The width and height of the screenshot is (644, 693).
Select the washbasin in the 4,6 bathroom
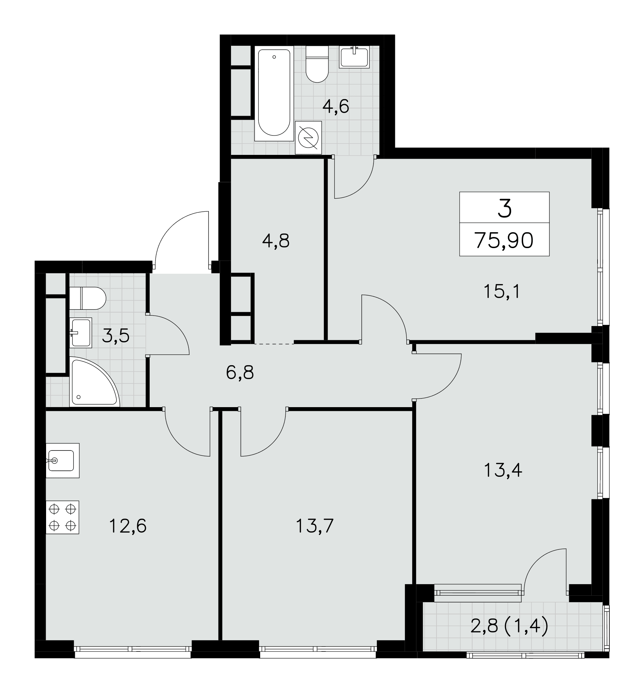[x=354, y=57]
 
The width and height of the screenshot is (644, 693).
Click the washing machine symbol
[x=308, y=138]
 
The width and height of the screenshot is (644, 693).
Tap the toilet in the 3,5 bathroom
[x=87, y=298]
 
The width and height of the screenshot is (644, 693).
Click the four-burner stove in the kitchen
[x=62, y=518]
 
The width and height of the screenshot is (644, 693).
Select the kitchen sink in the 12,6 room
[x=62, y=460]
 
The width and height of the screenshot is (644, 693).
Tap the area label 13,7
[x=315, y=526]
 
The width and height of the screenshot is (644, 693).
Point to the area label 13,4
[x=503, y=470]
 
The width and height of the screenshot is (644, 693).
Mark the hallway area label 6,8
[x=240, y=372]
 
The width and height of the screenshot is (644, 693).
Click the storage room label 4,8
[x=276, y=241]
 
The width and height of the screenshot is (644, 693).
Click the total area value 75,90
[x=504, y=240]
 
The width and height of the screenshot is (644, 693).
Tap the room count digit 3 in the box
[x=505, y=209]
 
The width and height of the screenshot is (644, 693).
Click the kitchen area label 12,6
[x=127, y=526]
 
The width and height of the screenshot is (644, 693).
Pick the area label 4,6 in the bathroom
[x=336, y=106]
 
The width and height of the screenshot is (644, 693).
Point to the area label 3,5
[x=116, y=336]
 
